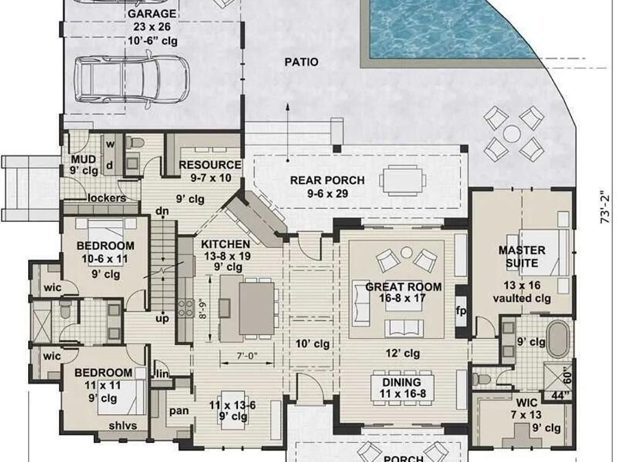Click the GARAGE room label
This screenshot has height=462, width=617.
(152, 14)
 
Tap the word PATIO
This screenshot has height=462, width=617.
(302, 62)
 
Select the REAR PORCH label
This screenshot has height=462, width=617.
(328, 180)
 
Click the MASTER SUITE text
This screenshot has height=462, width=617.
(522, 257)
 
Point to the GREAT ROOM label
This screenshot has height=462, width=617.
(403, 287)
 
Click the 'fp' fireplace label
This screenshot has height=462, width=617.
(461, 311)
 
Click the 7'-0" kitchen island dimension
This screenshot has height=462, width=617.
(247, 356)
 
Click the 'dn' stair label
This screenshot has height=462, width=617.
(162, 211)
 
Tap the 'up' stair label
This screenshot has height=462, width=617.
(162, 318)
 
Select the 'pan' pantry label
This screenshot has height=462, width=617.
(179, 411)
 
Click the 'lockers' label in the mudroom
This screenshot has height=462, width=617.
(107, 198)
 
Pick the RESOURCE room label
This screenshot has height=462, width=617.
(210, 165)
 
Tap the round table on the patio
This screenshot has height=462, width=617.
(512, 133)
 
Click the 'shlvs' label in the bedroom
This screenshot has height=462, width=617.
(123, 426)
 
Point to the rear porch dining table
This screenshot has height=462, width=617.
(402, 180)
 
